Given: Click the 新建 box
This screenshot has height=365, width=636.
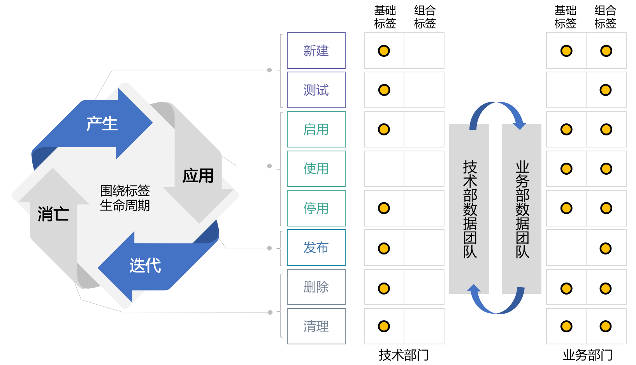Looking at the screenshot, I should (x=316, y=51).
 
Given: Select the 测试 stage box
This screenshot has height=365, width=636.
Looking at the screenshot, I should (x=316, y=90).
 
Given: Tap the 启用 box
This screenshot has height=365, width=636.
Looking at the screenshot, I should (x=316, y=129).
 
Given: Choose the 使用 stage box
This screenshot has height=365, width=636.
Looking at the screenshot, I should (x=316, y=168).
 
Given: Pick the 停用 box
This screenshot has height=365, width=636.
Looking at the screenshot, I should (x=316, y=208).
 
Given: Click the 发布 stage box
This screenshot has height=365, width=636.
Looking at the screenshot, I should (x=316, y=247).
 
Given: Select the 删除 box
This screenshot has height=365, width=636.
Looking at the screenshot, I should (x=316, y=287).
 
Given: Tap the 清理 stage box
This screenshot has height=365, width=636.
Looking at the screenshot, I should (x=316, y=326).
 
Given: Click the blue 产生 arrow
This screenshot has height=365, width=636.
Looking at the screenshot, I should (x=102, y=124).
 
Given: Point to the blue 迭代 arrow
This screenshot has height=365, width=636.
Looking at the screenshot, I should (x=145, y=266).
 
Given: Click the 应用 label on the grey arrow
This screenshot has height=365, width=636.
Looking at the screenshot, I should (x=198, y=175).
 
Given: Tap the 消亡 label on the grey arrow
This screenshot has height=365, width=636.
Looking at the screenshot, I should (x=53, y=214).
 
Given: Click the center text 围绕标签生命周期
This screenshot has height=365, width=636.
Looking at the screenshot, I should (x=125, y=198).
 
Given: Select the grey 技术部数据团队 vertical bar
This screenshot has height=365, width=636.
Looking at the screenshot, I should (x=469, y=209).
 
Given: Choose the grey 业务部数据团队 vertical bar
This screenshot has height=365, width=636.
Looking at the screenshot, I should (x=522, y=209).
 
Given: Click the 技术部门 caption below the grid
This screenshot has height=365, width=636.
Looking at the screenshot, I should (x=404, y=355).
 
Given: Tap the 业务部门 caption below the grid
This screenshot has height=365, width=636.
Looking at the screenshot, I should (x=587, y=355).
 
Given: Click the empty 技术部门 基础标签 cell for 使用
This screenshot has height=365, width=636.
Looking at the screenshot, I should (x=384, y=168).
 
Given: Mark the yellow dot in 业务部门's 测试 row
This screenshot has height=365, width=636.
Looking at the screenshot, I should (x=606, y=90).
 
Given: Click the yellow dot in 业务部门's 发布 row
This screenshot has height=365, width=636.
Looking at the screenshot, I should (x=606, y=248).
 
